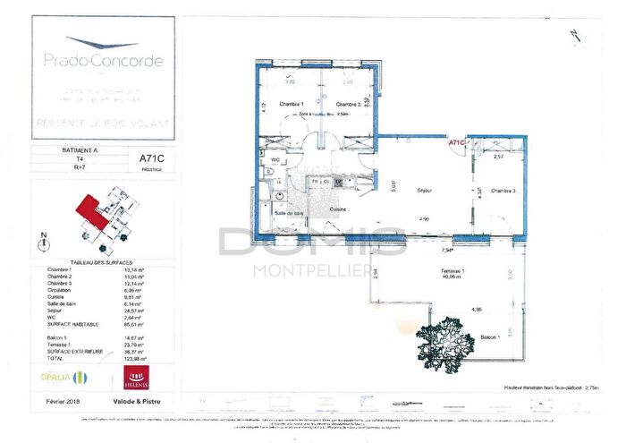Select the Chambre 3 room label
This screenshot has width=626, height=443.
pyautogui.click(x=503, y=191)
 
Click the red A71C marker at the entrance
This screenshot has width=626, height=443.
pyautogui.click(x=457, y=142)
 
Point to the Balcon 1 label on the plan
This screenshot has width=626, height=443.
pyautogui.click(x=489, y=337)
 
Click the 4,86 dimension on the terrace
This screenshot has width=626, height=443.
pyautogui.click(x=478, y=310)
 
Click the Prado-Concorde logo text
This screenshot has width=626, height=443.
pyautogui.click(x=103, y=61)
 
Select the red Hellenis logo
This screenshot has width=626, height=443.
pyautogui.click(x=140, y=375)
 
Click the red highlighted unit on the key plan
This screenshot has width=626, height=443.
pyautogui.click(x=87, y=213)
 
